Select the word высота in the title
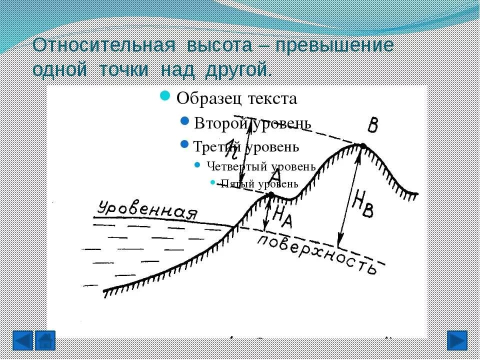220,45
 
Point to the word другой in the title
235,69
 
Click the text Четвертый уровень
260,166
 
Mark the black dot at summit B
363,146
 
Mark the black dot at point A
271,194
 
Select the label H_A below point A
282,216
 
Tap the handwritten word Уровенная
147,210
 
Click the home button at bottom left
46,340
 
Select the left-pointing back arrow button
22,340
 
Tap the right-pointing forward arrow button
456,340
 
